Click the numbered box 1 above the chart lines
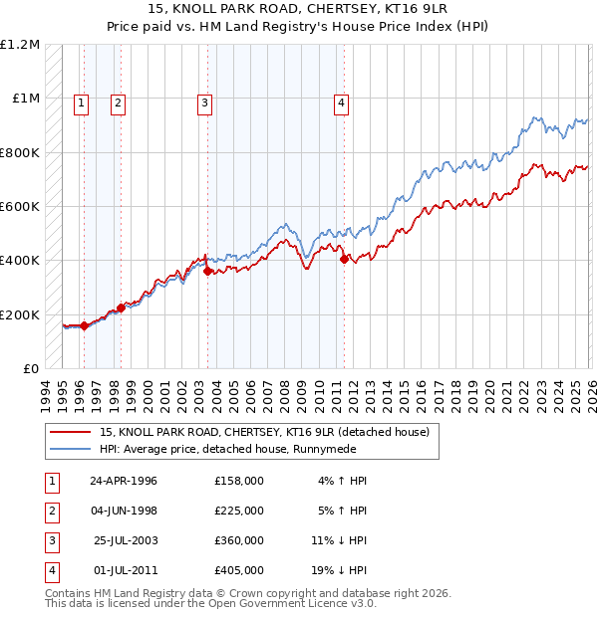tap(81, 101)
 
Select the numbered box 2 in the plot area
tap(118, 101)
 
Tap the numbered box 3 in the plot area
tap(204, 101)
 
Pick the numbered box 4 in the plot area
tap(341, 101)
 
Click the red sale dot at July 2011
tap(344, 260)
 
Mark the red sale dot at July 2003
tap(207, 271)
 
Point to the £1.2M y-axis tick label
tap(20, 45)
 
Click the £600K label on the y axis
tap(20, 207)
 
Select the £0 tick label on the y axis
tap(30, 369)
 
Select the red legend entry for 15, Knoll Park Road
tap(264, 432)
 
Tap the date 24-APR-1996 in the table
tap(124, 481)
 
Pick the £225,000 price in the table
tap(238, 511)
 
